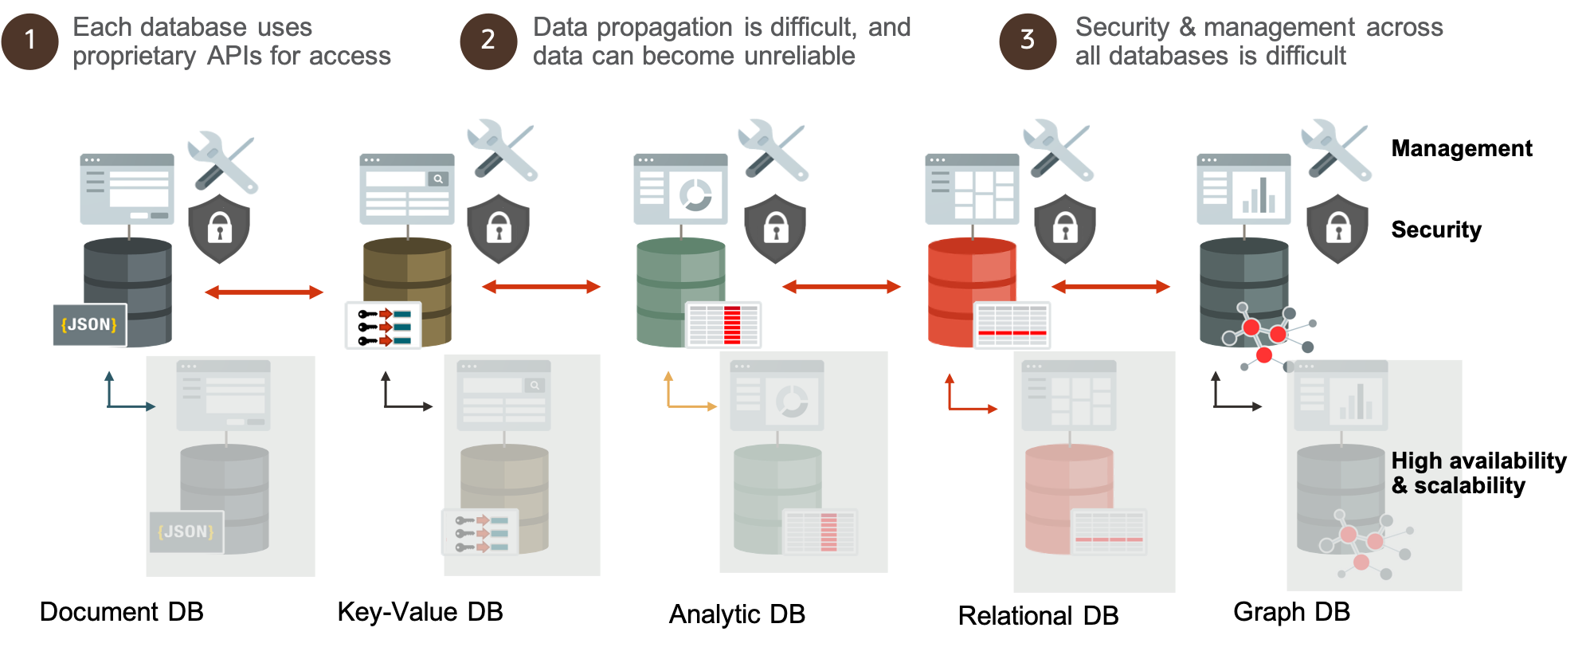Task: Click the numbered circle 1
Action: (29, 41)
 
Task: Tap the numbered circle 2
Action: (488, 41)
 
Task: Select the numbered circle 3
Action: (1028, 41)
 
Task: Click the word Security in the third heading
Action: (1122, 27)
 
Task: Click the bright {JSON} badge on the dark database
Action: (89, 324)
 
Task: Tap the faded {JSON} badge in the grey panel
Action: (186, 531)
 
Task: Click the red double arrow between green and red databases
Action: (841, 286)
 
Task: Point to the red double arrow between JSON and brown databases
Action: (264, 292)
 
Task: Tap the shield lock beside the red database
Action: (1064, 229)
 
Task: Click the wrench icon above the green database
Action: (773, 149)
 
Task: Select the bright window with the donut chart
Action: (680, 189)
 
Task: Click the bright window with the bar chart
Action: (1243, 189)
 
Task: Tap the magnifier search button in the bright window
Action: (438, 179)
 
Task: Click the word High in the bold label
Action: (1416, 461)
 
